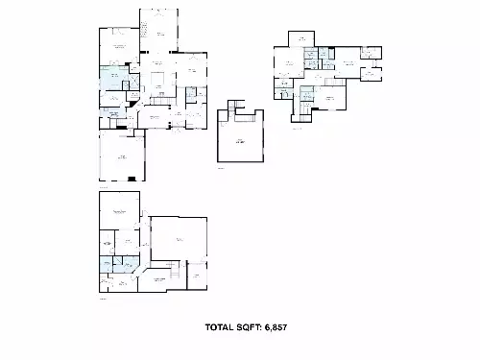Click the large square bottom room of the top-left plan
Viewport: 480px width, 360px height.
point(122,156)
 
